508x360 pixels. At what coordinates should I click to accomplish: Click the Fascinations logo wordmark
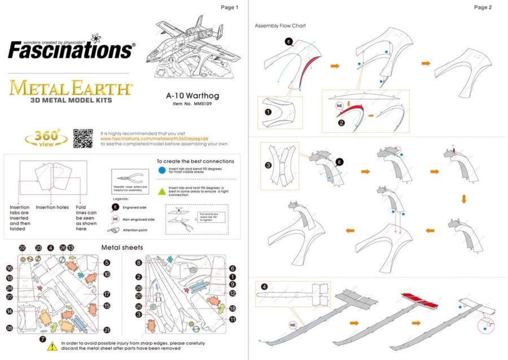[71, 50]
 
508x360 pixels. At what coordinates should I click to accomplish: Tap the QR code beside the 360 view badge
[82, 138]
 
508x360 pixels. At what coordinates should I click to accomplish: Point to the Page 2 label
[483, 7]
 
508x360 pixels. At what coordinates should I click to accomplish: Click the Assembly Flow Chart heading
[281, 26]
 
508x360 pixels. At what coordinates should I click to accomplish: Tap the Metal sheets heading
[121, 248]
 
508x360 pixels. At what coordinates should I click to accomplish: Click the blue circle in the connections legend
[162, 170]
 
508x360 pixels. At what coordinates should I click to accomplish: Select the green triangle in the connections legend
[162, 191]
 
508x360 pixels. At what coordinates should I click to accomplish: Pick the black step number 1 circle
[268, 112]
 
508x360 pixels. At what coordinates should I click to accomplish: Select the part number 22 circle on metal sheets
[23, 248]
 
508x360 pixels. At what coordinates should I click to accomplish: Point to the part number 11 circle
[232, 319]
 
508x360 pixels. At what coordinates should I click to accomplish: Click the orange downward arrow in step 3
[463, 199]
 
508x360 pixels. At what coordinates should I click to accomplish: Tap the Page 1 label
[230, 7]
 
